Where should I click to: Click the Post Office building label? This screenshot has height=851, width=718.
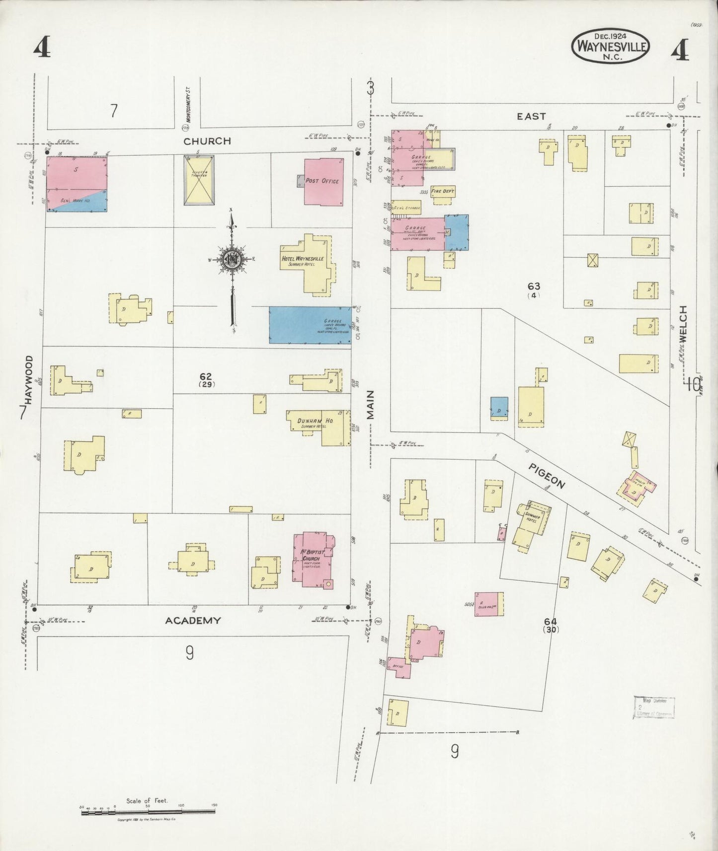tap(322, 181)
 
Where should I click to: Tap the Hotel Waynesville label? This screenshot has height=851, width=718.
tap(303, 259)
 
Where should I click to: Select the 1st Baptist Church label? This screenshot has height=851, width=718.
tap(312, 555)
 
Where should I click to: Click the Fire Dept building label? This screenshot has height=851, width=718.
tap(443, 191)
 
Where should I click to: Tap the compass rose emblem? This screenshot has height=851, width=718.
tap(231, 259)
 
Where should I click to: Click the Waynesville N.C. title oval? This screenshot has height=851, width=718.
tap(611, 46)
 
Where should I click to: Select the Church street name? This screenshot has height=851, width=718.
tap(207, 141)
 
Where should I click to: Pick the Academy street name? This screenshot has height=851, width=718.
tap(193, 620)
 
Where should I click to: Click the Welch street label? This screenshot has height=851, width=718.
tap(683, 324)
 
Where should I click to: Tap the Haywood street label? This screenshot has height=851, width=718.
tap(29, 380)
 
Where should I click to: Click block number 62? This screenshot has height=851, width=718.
tap(206, 377)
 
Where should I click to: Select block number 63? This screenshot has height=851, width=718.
tap(534, 286)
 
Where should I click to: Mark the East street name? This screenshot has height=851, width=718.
tap(531, 116)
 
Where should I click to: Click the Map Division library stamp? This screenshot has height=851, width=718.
tap(654, 707)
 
